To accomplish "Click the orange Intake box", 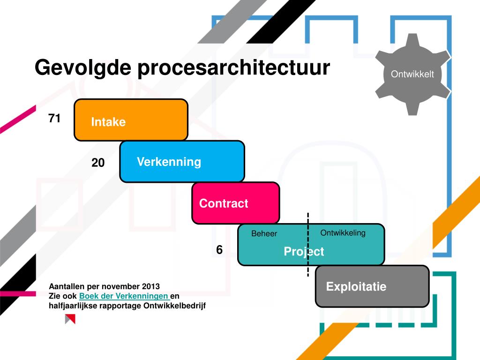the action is click(131, 120).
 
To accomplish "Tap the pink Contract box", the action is click(235, 203).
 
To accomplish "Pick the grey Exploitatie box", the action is click(372, 286).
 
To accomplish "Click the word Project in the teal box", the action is click(304, 252).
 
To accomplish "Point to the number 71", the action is click(54, 119).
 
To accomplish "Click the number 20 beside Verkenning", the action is click(98, 163).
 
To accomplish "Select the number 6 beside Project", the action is click(219, 250).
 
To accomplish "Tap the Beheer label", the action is click(264, 233).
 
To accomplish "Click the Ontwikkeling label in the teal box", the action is click(343, 233).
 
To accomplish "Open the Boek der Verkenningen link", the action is click(124, 296).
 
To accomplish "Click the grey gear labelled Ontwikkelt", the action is click(412, 74).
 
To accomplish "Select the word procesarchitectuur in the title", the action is click(233, 67).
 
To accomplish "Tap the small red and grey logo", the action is click(70, 319).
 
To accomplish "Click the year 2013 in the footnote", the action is click(150, 286).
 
